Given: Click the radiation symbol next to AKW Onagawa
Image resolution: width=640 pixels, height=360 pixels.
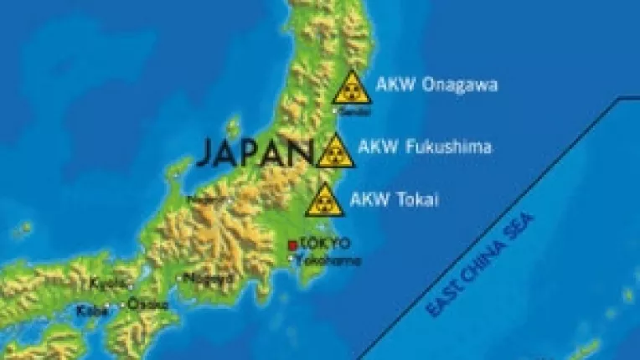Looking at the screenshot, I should tap(352, 88).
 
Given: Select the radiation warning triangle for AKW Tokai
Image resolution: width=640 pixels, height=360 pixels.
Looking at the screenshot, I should tap(324, 201).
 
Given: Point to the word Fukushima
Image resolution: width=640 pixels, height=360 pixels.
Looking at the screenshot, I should tap(448, 147).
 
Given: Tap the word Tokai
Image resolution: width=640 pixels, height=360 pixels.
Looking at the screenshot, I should tap(418, 198).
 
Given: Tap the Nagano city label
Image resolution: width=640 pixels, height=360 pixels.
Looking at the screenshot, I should tap(205, 199).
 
